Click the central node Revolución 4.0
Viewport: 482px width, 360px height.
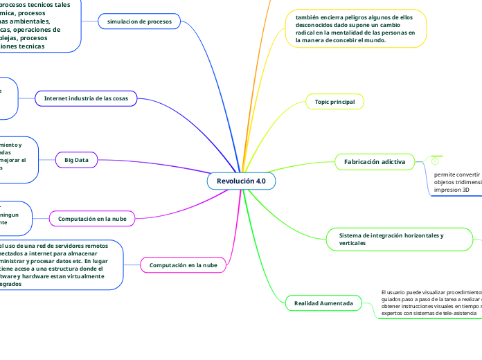[x=241, y=181]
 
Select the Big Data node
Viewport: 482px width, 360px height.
[x=76, y=160]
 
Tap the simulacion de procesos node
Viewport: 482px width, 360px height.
[x=139, y=21]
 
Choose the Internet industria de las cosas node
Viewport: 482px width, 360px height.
[x=87, y=98]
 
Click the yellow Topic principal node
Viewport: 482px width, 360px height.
[x=334, y=102]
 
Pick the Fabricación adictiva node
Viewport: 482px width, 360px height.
[x=375, y=161]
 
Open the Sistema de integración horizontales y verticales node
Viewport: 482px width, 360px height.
[x=391, y=239]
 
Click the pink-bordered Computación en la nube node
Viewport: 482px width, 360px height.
[x=183, y=265]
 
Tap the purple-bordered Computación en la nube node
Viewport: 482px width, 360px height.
[x=92, y=219]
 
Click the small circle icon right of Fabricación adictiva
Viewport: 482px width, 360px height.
[x=436, y=161]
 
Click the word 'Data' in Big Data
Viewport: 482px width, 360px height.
[x=82, y=160]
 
